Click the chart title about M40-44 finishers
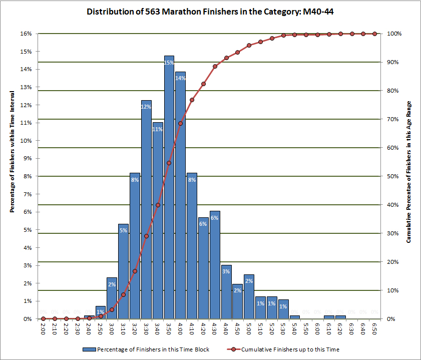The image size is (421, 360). [210, 12]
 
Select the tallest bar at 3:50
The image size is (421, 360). [169, 190]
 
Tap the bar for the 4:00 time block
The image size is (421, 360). [181, 200]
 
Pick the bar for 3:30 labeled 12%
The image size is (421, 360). [146, 210]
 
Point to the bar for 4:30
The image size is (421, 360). [215, 265]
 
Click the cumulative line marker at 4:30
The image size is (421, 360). [215, 66]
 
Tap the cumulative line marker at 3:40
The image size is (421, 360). [158, 205]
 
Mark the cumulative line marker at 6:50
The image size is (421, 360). [374, 34]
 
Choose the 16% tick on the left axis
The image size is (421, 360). [26, 34]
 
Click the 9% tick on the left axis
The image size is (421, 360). [28, 158]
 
